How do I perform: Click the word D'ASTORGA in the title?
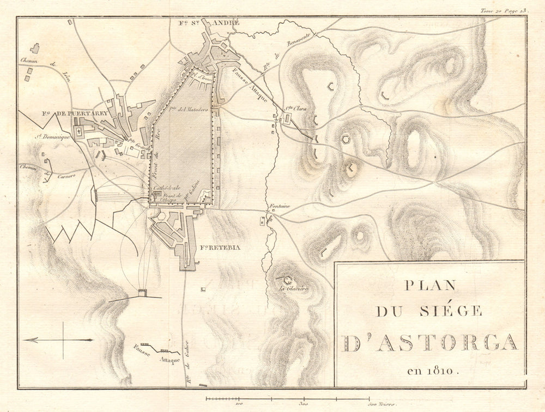pos(429,342)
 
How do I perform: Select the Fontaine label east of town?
pos(277,206)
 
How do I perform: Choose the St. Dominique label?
pos(53,137)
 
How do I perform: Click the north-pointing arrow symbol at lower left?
pos(57,340)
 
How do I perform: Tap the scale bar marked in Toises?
pos(287,399)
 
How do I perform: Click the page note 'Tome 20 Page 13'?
pos(504,10)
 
